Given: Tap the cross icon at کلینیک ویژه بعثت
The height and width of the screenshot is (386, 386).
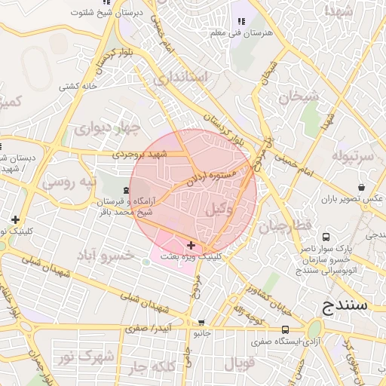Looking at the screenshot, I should point(191,245).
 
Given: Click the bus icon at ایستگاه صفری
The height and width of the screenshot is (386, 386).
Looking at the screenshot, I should point(285,329).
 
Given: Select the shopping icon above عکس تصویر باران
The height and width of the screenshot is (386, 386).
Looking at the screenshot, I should point(363,187).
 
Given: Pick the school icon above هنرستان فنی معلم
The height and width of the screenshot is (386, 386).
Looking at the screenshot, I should point(241,21).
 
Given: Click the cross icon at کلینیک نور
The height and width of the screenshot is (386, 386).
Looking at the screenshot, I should point(16,219).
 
